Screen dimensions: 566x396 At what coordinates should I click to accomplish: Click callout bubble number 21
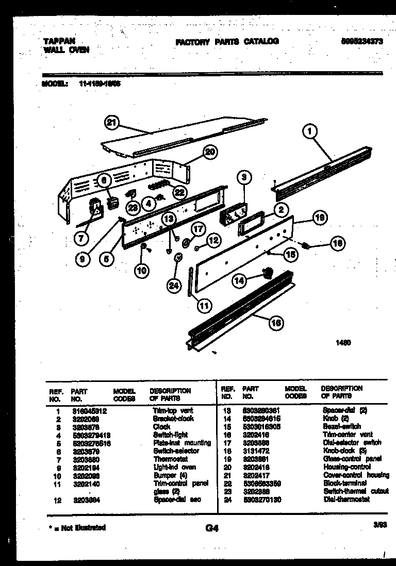coord(111,122)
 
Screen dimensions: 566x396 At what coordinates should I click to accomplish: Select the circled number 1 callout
coord(309,132)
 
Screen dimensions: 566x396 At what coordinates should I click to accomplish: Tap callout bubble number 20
coord(209,152)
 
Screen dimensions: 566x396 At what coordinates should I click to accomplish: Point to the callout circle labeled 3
coord(245,177)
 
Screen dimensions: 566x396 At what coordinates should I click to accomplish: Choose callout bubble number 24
coord(174,286)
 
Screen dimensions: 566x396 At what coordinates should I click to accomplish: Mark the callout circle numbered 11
coord(205,306)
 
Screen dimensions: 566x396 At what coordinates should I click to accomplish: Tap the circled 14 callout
coord(239,280)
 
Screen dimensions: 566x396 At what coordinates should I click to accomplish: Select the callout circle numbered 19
coord(319,218)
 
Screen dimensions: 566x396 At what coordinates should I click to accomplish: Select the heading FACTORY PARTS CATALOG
coord(227,41)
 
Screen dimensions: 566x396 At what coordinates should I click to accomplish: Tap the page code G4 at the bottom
coord(211,528)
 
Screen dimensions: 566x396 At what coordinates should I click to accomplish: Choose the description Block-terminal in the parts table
coord(345,483)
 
